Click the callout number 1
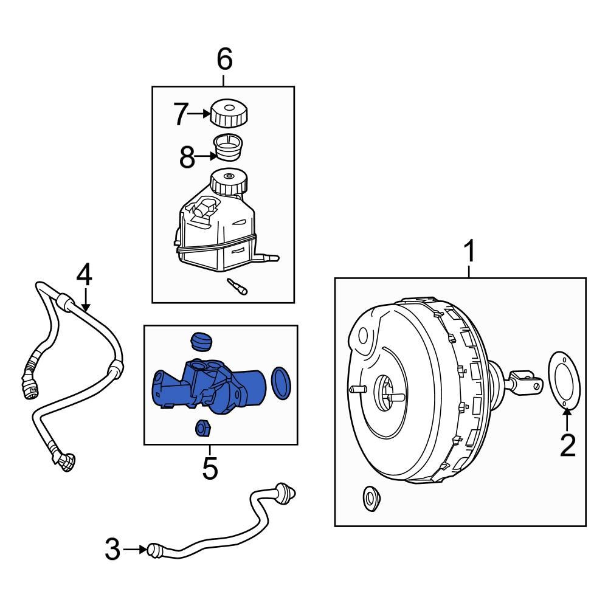(469, 251)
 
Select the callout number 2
(567, 446)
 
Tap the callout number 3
(112, 550)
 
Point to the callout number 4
(85, 275)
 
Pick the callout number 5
(209, 469)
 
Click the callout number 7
(181, 114)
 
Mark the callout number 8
(187, 157)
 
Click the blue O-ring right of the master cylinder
(281, 383)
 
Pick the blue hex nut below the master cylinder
(202, 429)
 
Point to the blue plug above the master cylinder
(200, 341)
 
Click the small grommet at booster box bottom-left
(370, 499)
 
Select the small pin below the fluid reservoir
(237, 286)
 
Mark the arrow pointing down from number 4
(85, 300)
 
